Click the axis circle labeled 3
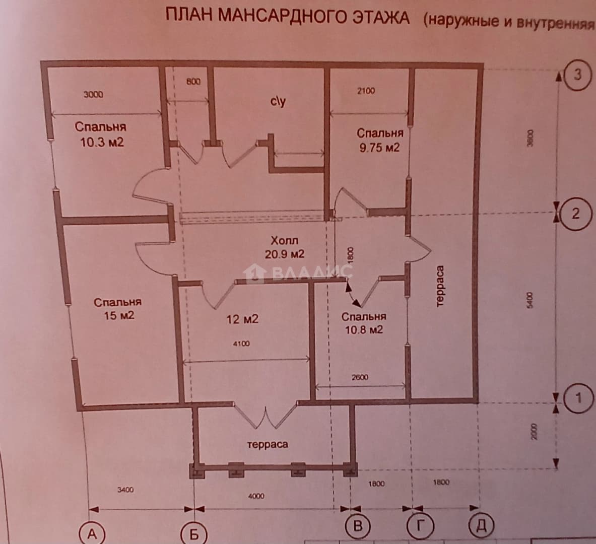pos(577,75)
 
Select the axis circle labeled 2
pos(576,214)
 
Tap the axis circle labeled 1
pos(578,398)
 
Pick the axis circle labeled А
pos(92,534)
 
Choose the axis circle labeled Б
pos(194,534)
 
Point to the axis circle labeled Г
pos(420,526)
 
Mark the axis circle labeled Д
pos(482,526)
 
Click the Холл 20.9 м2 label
pos(284,247)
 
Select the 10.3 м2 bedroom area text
pos(102,143)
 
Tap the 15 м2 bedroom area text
pos(119,315)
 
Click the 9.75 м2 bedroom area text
pos(379,147)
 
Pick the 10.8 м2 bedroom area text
pos(364,329)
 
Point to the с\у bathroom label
pos(278,102)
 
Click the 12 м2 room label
pos(242,319)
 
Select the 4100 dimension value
pos(241,344)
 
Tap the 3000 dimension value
pos(93,94)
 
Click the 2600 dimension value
pos(360,377)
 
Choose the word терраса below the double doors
pos(267,444)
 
